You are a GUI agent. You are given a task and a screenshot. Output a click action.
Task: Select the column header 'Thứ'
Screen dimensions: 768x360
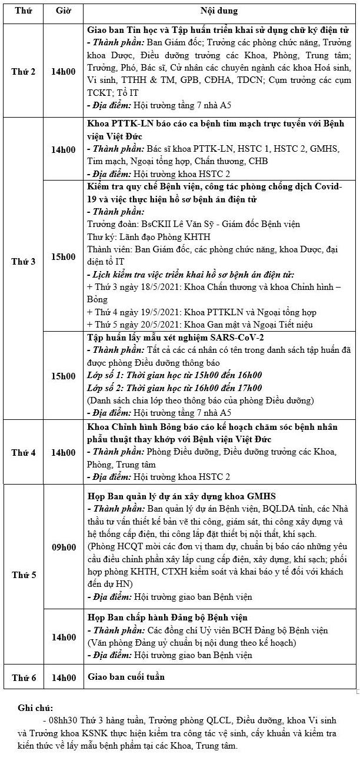[x=24, y=12]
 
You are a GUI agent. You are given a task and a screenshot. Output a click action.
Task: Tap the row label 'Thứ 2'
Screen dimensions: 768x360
[x=24, y=71]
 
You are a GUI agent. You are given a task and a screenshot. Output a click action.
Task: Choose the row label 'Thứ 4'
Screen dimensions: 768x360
[x=24, y=453]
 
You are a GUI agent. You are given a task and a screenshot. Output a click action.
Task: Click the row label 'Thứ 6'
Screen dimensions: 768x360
[x=24, y=677]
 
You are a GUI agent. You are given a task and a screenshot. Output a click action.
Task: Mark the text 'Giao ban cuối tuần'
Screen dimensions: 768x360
[x=126, y=677]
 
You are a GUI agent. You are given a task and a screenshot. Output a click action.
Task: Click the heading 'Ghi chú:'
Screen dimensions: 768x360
[x=36, y=707]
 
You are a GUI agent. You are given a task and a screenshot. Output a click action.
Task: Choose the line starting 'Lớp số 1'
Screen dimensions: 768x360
[x=174, y=375]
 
